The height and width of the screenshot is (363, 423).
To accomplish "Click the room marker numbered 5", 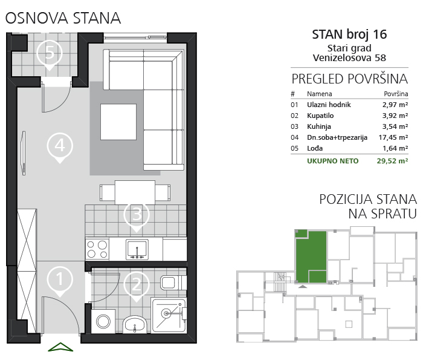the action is coord(50,54).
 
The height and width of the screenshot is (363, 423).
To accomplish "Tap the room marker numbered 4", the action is coord(60,147).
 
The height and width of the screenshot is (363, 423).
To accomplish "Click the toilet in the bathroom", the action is coord(173,283).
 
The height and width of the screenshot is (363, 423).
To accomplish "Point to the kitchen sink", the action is coord(137,249).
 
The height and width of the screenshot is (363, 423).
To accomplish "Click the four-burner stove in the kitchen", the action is coord(97,249).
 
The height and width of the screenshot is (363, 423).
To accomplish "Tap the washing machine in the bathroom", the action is coord(103,321).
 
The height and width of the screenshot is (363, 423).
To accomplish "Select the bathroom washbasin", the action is coord(135,324).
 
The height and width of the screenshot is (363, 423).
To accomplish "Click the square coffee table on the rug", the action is coord(118,122).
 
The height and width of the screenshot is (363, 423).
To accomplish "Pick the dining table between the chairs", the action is coord(135,192).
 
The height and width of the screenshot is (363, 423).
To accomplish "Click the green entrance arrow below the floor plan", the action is coord(60,347).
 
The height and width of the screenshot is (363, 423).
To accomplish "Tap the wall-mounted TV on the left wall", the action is coord(24,153).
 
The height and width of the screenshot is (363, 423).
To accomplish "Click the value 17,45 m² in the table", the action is coord(393,137).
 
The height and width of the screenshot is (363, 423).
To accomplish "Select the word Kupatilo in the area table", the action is coord(320,116).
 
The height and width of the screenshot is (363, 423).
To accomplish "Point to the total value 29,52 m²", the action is coord(392,161).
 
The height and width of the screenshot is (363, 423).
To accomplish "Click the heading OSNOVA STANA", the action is coord(63,18).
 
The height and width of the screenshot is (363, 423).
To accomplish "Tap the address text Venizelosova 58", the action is coord(349,58).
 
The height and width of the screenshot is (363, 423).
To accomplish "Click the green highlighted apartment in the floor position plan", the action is coord(311,257).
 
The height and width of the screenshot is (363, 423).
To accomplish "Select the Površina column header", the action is coord(396,94).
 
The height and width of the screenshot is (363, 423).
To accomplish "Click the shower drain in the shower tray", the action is coord(166,313).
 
